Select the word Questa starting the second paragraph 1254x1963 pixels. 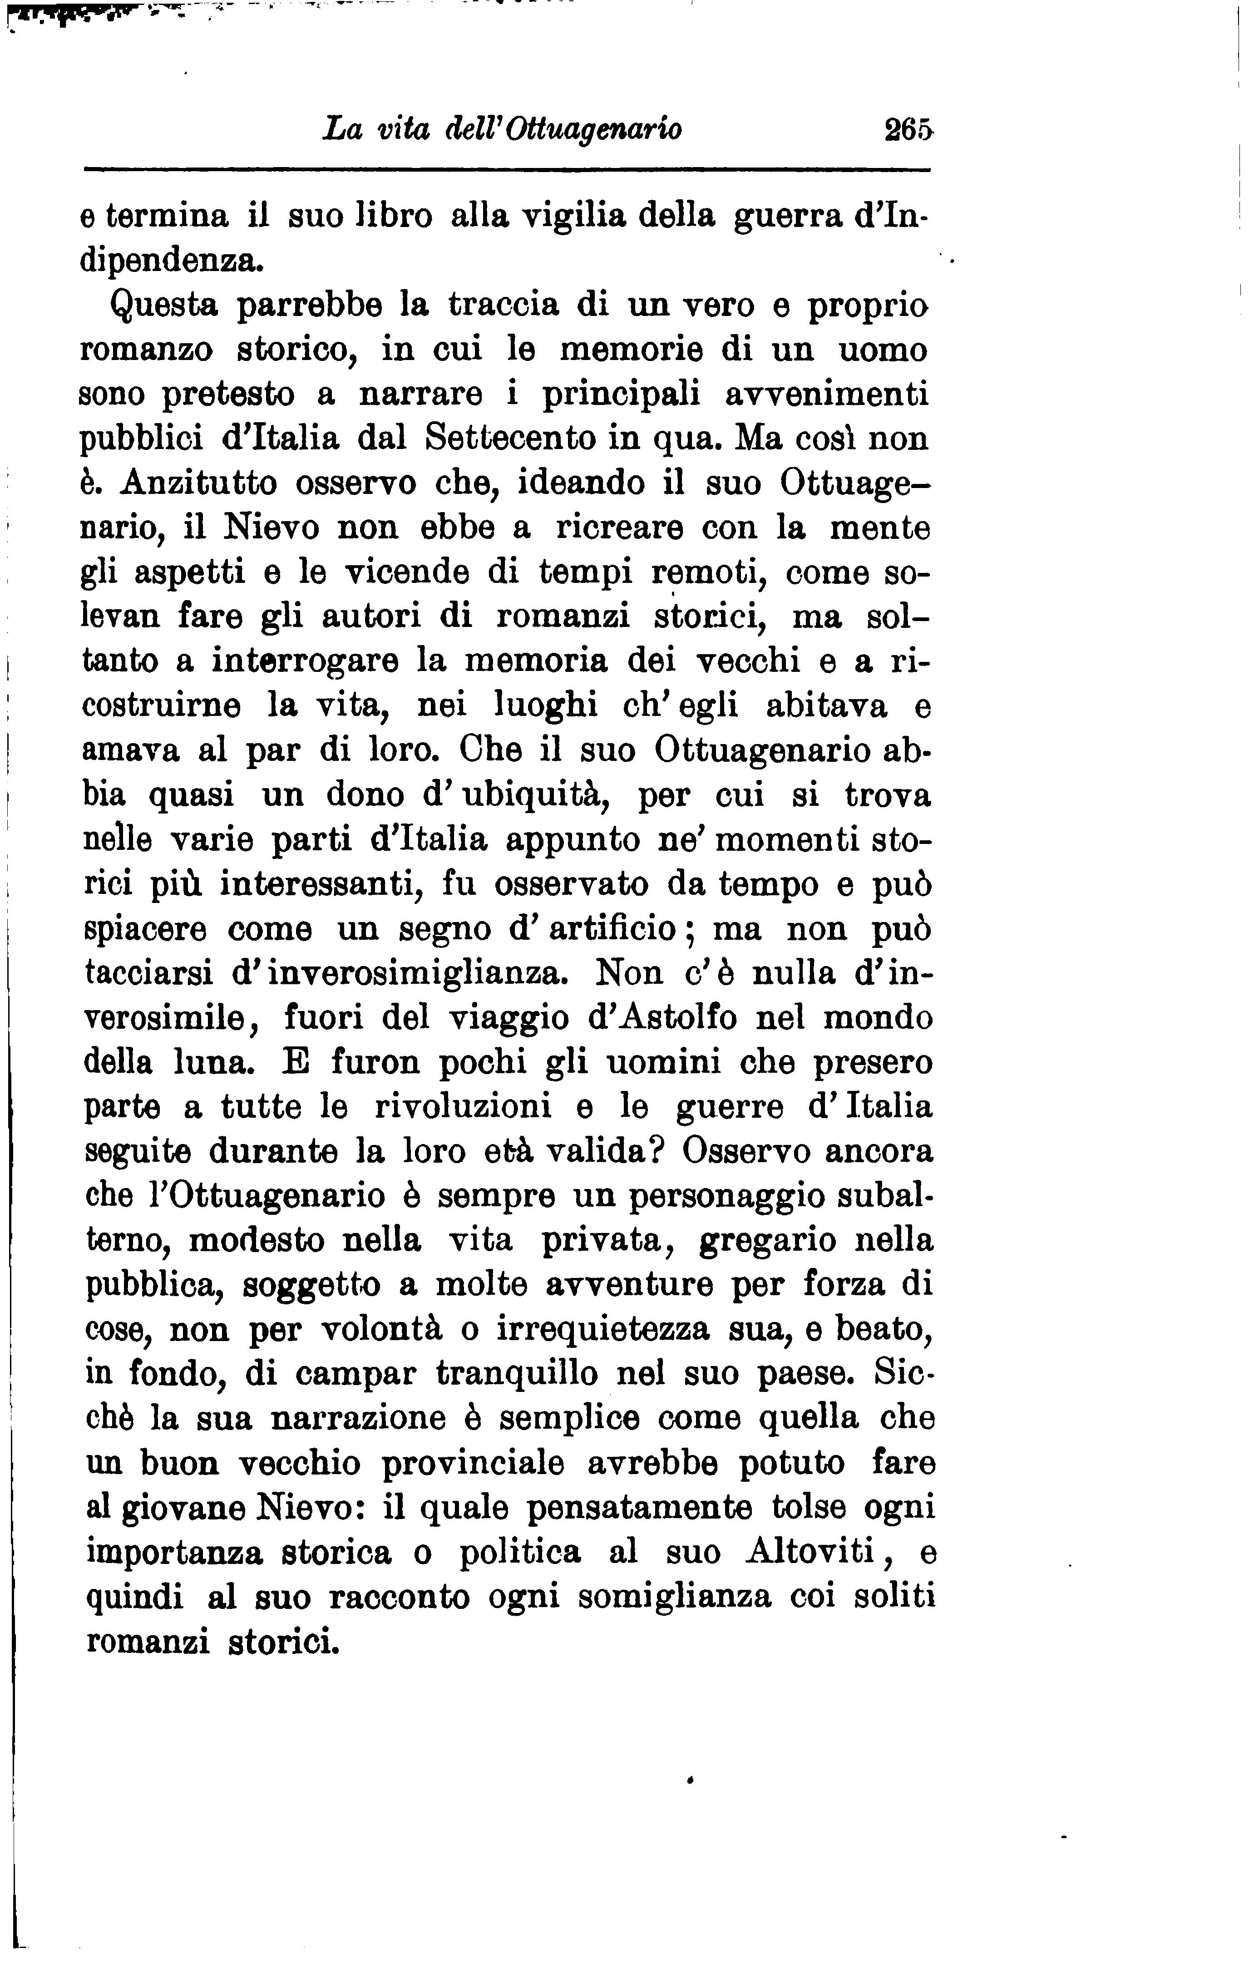click(x=164, y=306)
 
